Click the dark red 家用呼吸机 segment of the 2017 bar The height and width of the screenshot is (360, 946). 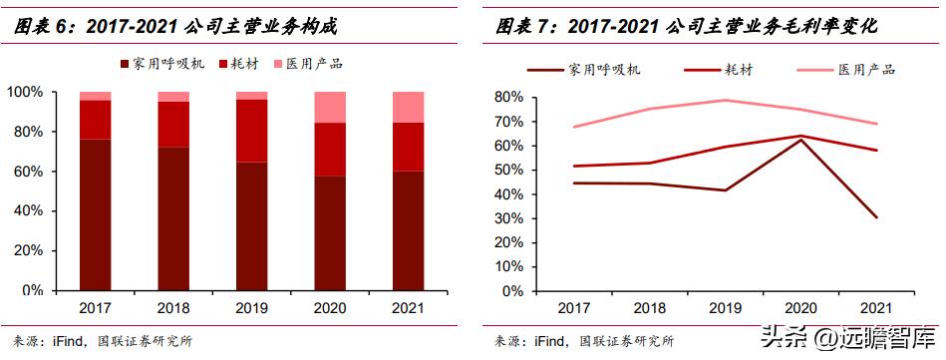[x=95, y=214]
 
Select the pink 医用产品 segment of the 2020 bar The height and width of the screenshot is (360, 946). [x=330, y=107]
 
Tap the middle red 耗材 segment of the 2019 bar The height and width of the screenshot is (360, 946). [x=251, y=130]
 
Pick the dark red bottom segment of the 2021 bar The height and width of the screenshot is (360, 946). [x=409, y=230]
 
